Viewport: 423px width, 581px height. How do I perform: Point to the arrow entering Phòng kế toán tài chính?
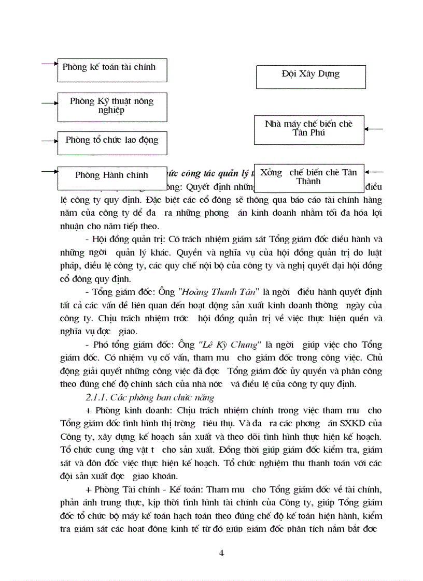point(49,64)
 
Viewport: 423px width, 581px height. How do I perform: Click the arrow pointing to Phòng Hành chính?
point(49,171)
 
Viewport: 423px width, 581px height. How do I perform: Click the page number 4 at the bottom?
point(222,553)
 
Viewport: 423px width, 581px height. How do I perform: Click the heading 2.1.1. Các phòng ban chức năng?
point(149,397)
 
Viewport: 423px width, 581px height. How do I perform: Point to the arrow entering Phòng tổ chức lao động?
point(49,140)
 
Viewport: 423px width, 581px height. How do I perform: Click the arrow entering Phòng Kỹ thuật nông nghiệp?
point(49,103)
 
